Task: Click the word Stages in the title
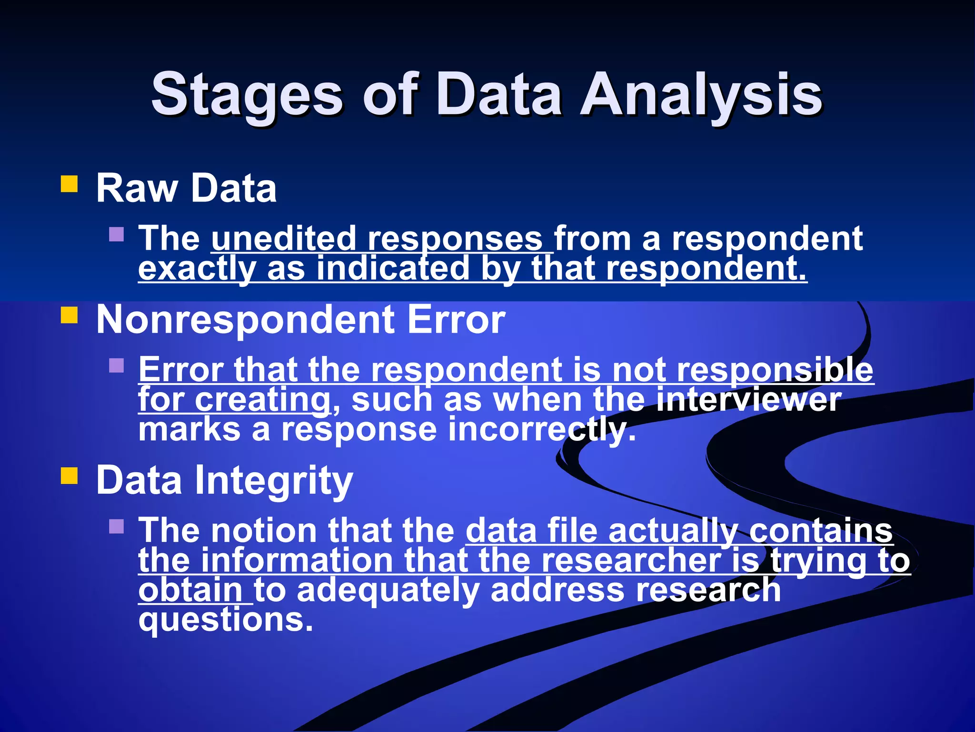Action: coord(247,95)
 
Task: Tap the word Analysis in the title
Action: coord(701,95)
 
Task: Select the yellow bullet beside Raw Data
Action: coord(70,184)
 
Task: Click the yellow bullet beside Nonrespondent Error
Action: coord(70,315)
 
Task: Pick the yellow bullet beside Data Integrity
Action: coord(70,476)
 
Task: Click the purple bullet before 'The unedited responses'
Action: coord(116,234)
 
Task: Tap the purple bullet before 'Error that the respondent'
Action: coord(116,366)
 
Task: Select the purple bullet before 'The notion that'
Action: coord(116,526)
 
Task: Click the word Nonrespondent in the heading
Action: coord(245,320)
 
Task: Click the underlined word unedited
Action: coord(284,238)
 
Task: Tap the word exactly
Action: coord(197,269)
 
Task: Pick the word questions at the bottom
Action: coord(226,620)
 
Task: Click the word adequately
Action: coord(388,590)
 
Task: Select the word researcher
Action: coord(631,560)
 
